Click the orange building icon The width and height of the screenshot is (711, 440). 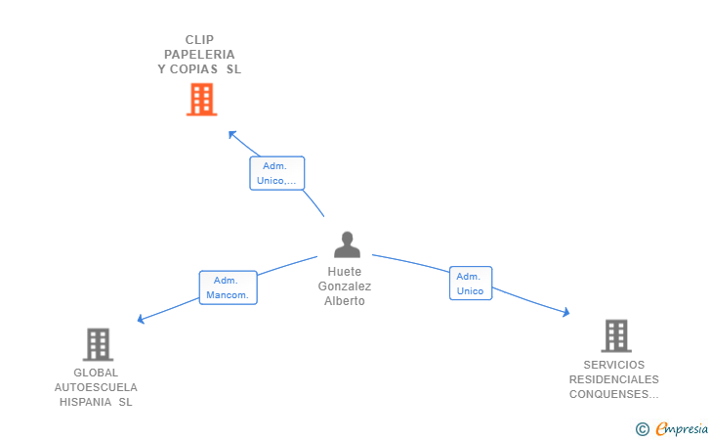tap(202, 100)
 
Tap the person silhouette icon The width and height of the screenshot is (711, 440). tap(347, 244)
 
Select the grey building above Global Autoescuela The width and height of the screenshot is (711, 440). tap(98, 344)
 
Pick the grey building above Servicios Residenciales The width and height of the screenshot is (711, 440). tap(616, 336)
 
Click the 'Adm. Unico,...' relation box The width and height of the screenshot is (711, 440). tap(276, 173)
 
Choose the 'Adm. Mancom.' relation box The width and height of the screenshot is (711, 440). tap(229, 287)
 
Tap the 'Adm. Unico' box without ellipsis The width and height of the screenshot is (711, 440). tap(471, 284)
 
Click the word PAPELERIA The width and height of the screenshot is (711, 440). tap(199, 55)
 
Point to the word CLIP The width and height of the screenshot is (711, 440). tap(199, 40)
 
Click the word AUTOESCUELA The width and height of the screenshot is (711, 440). tap(96, 387)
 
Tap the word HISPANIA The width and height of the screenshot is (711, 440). tap(86, 402)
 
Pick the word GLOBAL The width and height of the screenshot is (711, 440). tap(96, 373)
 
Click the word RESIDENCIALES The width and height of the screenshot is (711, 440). tap(614, 379)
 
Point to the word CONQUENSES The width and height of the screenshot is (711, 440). tap(609, 394)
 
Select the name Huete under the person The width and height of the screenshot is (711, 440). tap(345, 272)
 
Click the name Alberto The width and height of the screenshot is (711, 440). tap(345, 301)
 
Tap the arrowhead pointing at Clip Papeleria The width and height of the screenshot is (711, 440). tap(231, 134)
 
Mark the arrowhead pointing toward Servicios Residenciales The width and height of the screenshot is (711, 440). tap(565, 312)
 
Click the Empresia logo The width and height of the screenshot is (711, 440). tap(672, 428)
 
